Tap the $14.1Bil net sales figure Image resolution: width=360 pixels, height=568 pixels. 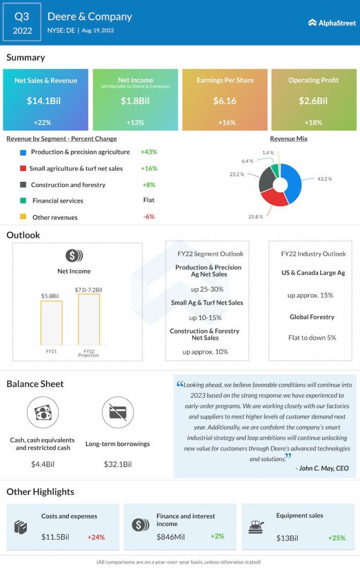click(x=45, y=101)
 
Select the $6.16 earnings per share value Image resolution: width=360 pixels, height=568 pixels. click(x=225, y=101)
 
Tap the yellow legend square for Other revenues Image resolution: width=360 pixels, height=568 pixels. click(x=23, y=217)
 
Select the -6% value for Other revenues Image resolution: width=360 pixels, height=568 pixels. click(x=149, y=217)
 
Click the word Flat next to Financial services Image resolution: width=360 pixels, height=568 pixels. click(x=149, y=200)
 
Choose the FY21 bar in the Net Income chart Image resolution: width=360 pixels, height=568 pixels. click(x=51, y=323)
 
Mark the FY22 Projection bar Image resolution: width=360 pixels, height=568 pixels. click(x=89, y=319)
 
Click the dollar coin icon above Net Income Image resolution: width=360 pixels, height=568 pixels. click(x=74, y=256)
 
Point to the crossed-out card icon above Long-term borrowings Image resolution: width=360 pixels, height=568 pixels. click(x=118, y=412)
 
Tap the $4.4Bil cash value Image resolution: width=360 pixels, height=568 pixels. click(x=43, y=464)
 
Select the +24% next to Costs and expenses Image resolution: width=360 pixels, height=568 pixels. click(x=96, y=537)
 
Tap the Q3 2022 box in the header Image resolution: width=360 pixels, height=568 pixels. click(x=22, y=23)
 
